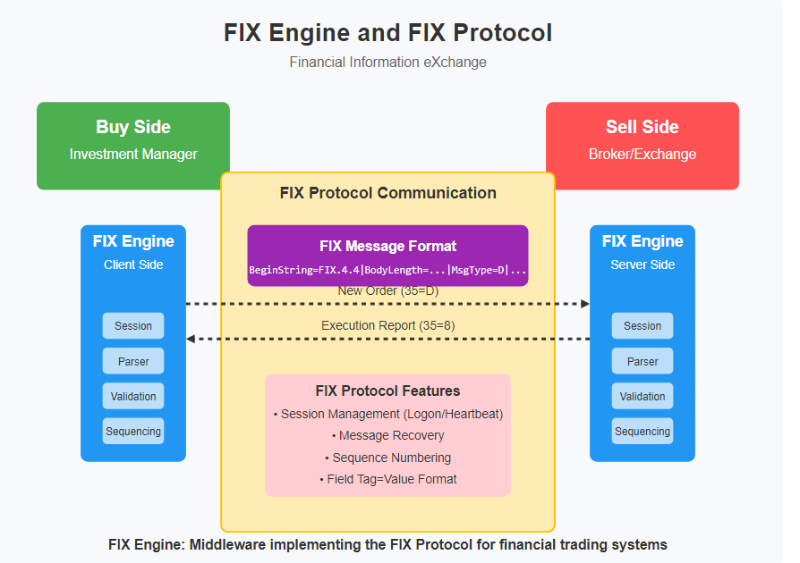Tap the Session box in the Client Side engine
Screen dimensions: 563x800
click(133, 326)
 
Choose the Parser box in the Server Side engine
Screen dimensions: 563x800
click(643, 361)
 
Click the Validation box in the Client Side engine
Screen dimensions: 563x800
click(133, 396)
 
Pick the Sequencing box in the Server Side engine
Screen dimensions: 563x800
click(643, 431)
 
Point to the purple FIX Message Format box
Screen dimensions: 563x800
click(387, 255)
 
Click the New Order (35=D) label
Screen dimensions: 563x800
click(387, 291)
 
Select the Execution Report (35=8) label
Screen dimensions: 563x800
click(387, 326)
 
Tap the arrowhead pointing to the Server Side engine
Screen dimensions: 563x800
click(585, 304)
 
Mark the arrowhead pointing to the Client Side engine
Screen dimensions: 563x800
click(191, 339)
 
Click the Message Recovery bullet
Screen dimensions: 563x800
click(387, 435)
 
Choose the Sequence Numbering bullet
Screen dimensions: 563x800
click(387, 458)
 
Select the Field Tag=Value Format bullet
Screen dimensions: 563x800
click(387, 479)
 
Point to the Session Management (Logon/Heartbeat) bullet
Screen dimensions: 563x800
click(387, 414)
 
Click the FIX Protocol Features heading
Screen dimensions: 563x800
click(387, 391)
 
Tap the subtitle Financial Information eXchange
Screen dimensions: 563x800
click(387, 63)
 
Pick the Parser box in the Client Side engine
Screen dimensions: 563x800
click(133, 361)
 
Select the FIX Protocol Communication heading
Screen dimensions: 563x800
click(387, 193)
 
